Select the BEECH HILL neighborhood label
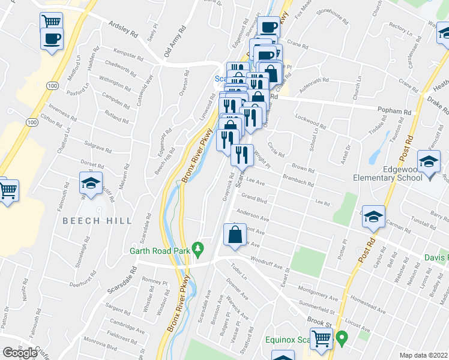click(x=97, y=221)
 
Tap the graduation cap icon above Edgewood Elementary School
click(x=429, y=163)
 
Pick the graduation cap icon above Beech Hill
click(x=91, y=184)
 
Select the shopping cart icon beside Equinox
click(x=322, y=338)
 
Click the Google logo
click(x=20, y=353)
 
